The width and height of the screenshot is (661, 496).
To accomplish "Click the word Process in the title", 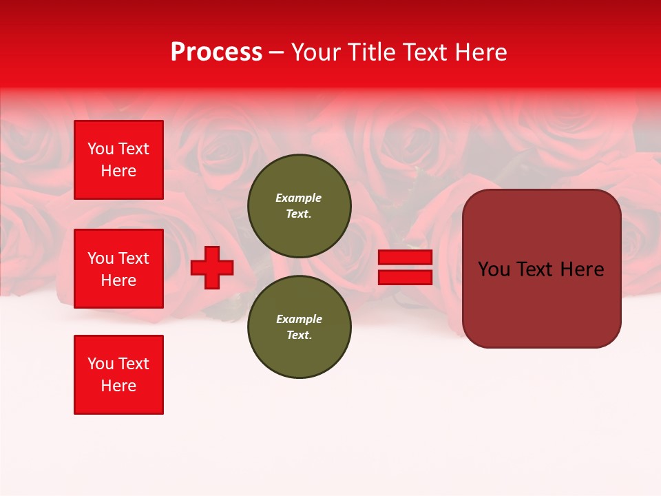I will point(216,52).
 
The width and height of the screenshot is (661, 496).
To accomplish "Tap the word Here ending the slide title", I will point(479,52).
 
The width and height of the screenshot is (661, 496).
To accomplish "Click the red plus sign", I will point(212,267).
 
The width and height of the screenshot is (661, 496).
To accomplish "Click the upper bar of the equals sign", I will point(405,257).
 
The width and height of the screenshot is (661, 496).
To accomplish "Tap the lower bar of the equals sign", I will point(405,278).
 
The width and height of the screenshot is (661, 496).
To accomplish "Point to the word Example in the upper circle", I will point(298,198).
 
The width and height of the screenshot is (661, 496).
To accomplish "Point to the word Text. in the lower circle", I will point(299,335).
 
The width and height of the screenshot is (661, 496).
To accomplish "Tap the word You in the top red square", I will point(100,149).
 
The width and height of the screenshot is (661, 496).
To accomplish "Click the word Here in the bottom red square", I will point(118,386).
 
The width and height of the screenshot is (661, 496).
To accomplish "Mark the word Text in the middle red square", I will point(134,258).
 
